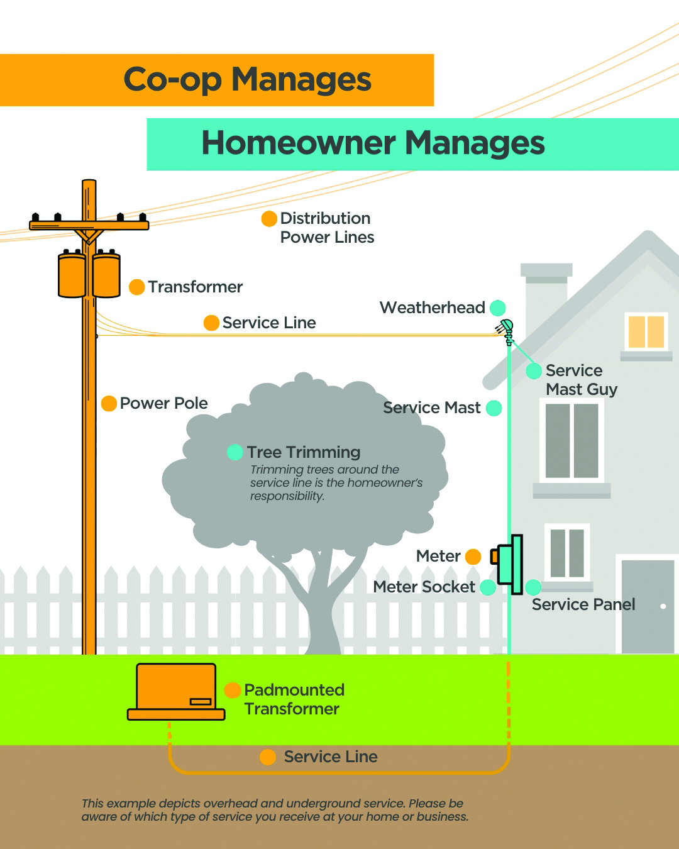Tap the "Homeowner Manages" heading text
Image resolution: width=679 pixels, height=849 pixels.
coord(373,143)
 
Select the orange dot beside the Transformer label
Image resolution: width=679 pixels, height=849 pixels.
coord(136,287)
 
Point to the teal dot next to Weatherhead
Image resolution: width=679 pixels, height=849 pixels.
coord(497,308)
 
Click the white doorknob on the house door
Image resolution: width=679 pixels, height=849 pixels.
coord(663,606)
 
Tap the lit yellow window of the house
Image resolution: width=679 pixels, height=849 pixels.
coord(646,331)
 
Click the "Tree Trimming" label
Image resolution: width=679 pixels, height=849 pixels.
coord(304,452)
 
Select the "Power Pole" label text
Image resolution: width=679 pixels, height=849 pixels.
coord(163,403)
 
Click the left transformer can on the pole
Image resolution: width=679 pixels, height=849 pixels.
coord(72,275)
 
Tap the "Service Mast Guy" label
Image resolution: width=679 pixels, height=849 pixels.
coord(581,380)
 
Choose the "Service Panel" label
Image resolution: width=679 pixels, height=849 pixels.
coord(583,604)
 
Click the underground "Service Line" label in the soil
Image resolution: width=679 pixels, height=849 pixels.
coord(330,757)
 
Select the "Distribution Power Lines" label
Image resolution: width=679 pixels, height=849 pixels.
coord(326,228)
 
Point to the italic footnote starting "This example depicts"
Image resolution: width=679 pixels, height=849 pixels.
coord(275,810)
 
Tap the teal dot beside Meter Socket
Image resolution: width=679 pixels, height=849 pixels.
coord(487,587)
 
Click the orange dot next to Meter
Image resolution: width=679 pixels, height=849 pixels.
coord(473,557)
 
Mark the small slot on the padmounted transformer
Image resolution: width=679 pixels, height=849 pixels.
coord(201,701)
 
